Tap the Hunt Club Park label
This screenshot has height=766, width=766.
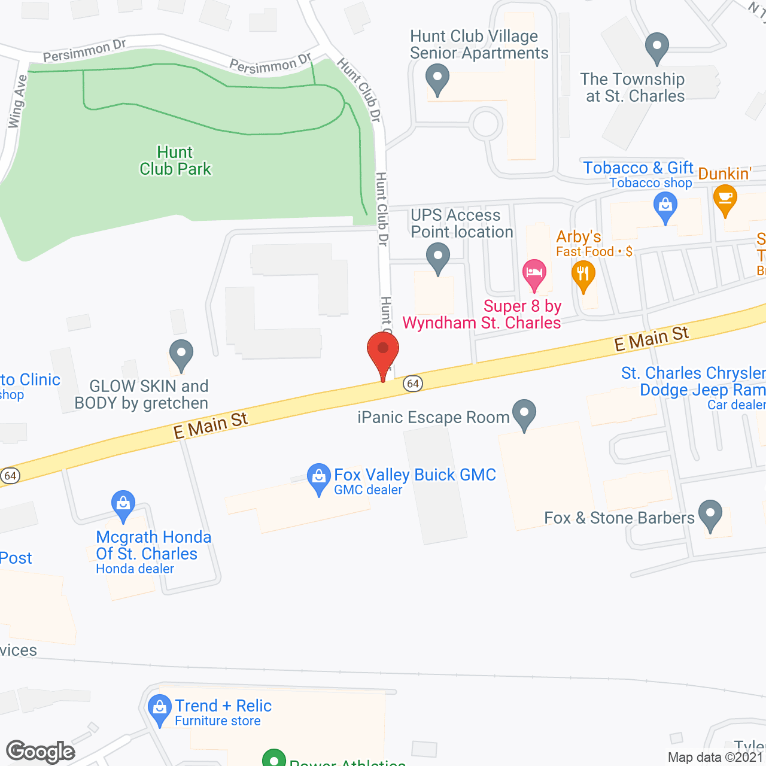175,161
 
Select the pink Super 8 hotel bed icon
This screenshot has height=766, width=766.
534,273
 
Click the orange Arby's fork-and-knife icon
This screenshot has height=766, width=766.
583,276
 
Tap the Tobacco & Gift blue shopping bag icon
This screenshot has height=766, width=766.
665,208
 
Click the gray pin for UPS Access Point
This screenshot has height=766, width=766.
438,259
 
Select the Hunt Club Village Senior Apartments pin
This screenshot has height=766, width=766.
437,79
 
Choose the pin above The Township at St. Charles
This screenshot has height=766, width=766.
657,46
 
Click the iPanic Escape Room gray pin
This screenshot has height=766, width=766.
524,414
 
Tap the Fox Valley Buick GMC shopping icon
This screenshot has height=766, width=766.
318,478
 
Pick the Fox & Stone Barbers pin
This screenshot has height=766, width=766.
710,514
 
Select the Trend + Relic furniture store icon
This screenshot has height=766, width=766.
159,709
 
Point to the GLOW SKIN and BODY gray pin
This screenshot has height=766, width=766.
181,354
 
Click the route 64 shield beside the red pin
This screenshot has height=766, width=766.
413,384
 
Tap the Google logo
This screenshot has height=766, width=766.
41,752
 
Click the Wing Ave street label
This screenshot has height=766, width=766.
17,101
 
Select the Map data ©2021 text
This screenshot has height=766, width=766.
715,757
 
